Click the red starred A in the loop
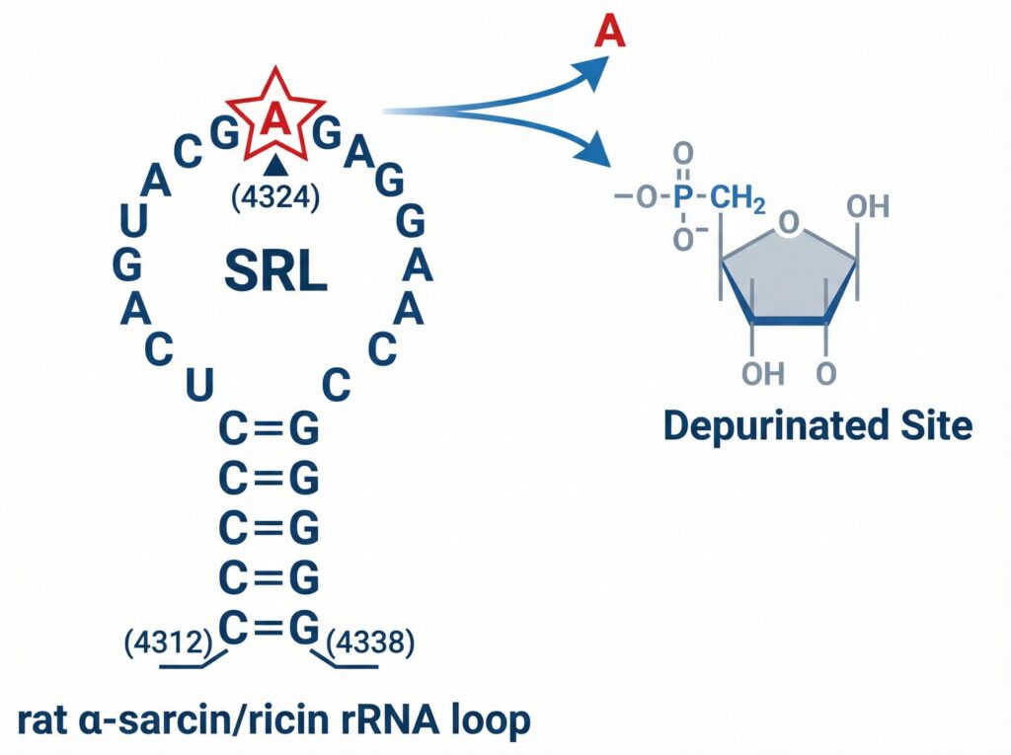point(275,120)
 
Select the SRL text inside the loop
point(275,270)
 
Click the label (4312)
point(168,642)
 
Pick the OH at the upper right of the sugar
point(868,206)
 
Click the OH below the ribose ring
point(761,373)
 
